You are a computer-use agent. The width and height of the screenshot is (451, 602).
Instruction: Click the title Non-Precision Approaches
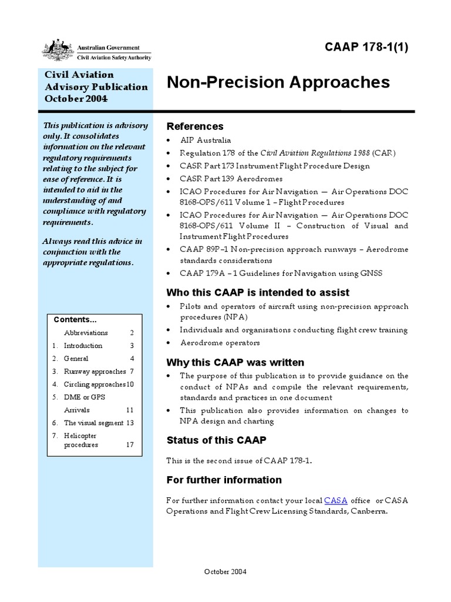coord(278,82)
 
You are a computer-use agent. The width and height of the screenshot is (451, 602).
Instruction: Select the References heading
coord(195,126)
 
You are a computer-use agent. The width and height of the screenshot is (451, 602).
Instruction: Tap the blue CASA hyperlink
coord(336,500)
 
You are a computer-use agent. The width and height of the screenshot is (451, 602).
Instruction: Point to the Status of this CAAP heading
coord(217,440)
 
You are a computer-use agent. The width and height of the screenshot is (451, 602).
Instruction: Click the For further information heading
coord(224,480)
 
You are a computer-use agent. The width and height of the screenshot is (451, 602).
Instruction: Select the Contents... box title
coord(75,320)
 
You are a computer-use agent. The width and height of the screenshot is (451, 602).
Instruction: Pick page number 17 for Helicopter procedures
coord(130,445)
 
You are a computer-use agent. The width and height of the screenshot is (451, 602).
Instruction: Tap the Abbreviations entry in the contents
coord(86,333)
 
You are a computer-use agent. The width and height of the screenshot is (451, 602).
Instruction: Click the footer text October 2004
coord(225,571)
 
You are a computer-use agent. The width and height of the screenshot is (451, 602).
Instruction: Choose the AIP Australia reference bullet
coord(206,141)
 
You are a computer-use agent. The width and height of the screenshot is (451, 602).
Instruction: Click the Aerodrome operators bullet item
coord(220,343)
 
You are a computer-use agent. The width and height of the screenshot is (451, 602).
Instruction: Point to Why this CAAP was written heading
coord(235,362)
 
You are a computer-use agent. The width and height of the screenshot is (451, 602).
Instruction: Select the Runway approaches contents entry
coord(95,372)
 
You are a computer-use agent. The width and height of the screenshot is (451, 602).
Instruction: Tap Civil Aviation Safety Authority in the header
coord(114,57)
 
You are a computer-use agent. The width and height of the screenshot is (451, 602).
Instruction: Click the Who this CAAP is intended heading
coord(258,292)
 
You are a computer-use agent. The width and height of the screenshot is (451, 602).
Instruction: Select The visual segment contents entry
coord(93,423)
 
